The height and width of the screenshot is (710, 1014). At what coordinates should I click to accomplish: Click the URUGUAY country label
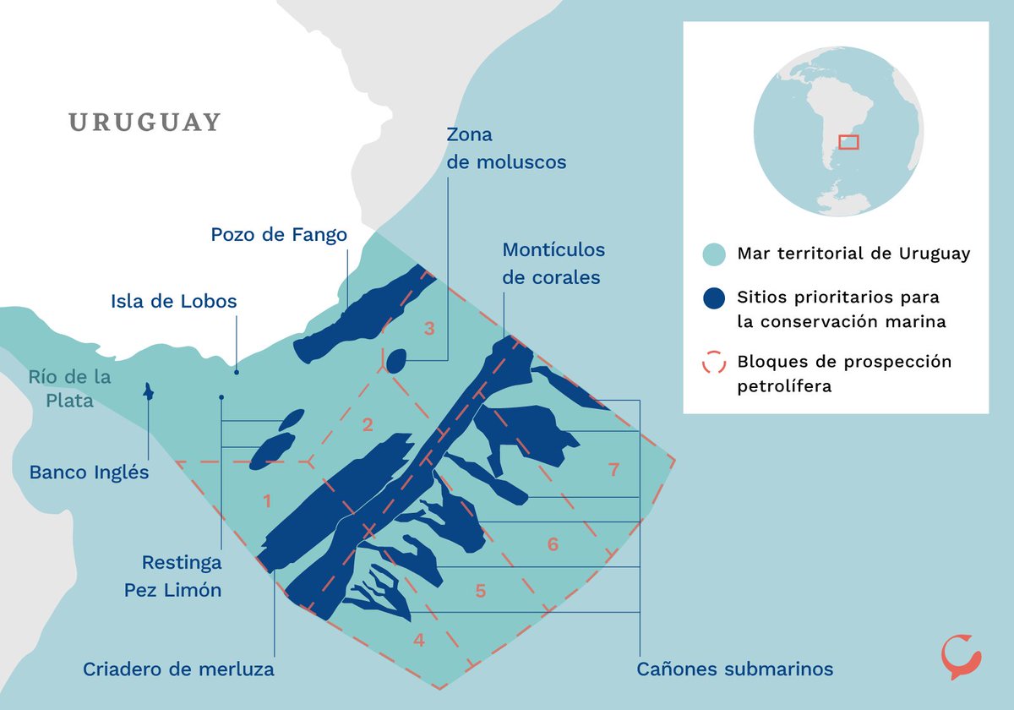click(x=144, y=123)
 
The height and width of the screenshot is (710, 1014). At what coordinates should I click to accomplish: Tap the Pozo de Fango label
click(x=279, y=234)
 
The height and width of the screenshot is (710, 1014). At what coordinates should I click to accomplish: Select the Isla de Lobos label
click(x=174, y=301)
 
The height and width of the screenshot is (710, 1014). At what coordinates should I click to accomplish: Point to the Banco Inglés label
click(x=89, y=472)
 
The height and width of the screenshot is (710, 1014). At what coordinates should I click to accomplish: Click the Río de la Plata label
click(x=69, y=389)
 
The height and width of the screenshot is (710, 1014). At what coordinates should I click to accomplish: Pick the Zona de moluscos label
click(x=506, y=149)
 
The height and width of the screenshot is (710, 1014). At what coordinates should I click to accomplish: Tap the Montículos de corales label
click(x=553, y=264)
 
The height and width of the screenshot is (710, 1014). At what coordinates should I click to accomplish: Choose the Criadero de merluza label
click(x=178, y=669)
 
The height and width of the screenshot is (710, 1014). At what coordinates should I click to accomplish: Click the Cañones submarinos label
click(x=733, y=669)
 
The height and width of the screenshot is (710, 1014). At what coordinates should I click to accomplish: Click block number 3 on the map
click(x=429, y=329)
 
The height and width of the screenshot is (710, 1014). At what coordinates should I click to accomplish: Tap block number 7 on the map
click(x=614, y=470)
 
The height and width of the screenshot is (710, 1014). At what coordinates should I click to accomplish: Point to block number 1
click(x=267, y=501)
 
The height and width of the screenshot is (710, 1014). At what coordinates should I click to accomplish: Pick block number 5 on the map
click(x=480, y=591)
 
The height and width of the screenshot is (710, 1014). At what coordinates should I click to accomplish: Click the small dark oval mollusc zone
click(x=395, y=361)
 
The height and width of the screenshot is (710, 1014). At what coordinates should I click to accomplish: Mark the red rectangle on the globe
click(x=848, y=142)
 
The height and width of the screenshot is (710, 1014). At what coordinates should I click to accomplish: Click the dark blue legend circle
click(x=714, y=298)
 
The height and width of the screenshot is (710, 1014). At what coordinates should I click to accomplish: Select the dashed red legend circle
click(x=714, y=363)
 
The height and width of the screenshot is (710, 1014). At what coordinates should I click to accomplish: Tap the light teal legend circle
click(x=714, y=254)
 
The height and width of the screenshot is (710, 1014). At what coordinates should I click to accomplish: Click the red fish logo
click(x=961, y=657)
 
